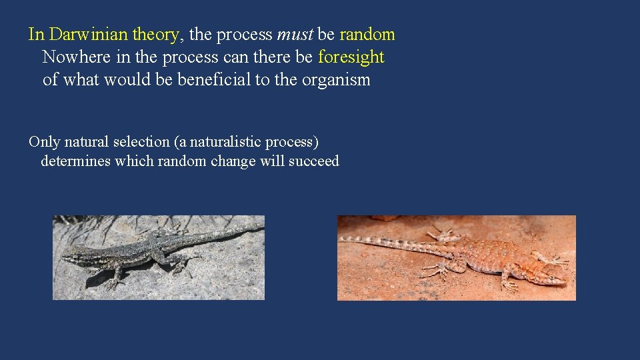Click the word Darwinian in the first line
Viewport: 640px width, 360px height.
89,34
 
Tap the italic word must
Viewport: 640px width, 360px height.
293,34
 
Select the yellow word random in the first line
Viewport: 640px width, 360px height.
367,34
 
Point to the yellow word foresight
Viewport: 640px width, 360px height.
351,57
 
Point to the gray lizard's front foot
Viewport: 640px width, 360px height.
113,283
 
